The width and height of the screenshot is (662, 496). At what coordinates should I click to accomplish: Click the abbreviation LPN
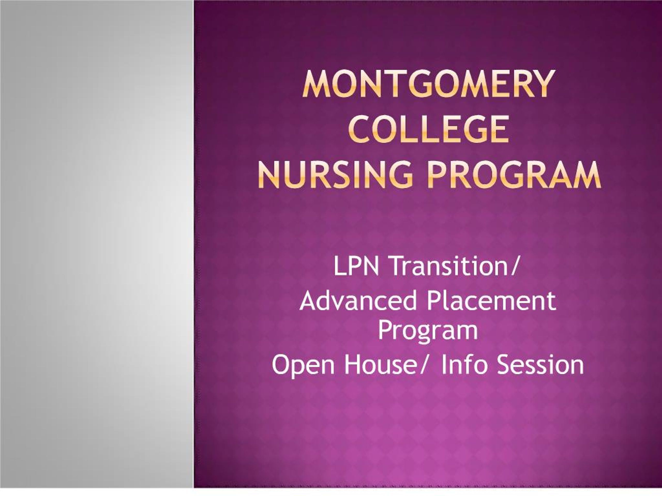(356, 266)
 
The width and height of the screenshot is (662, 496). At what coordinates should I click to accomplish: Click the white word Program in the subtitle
(428, 331)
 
